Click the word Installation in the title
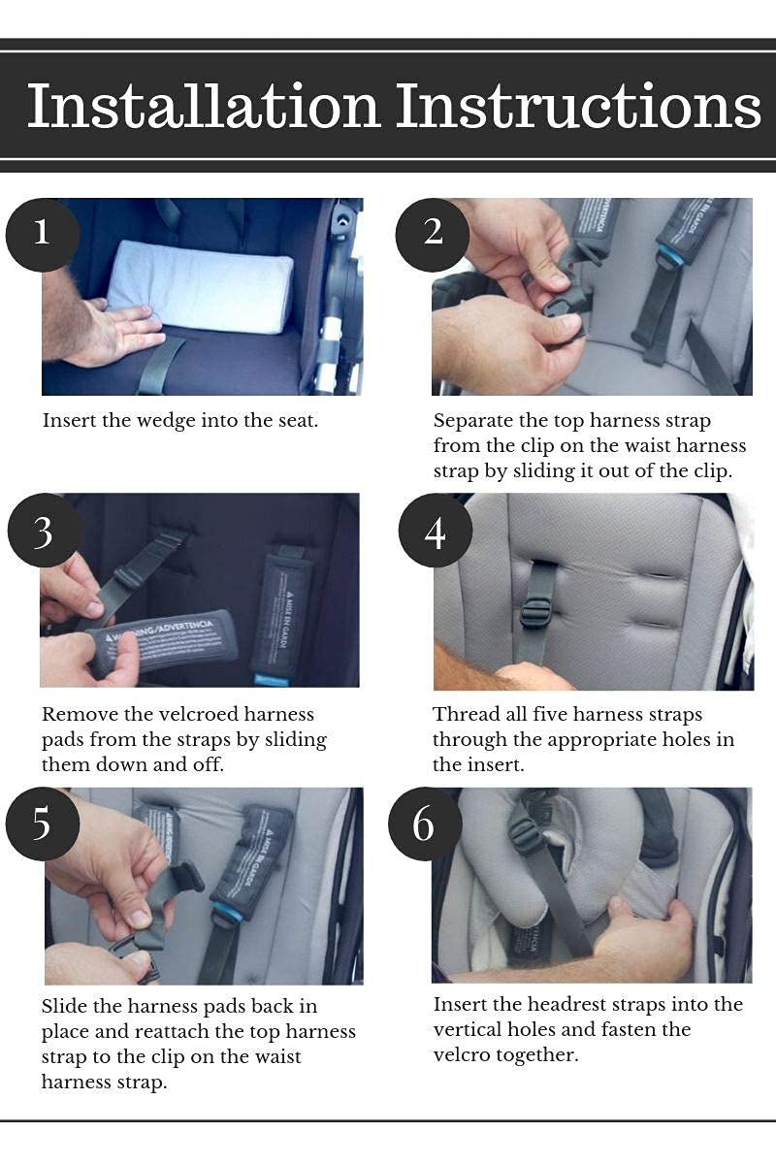[x=203, y=106]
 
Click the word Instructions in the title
[x=578, y=106]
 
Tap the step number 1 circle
[x=42, y=235]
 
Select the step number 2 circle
[x=433, y=235]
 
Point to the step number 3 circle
[x=44, y=530]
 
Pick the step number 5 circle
[x=42, y=824]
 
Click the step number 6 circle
[x=425, y=824]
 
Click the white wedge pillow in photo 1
[x=200, y=286]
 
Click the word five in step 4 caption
[x=550, y=715]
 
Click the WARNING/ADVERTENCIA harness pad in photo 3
[x=162, y=643]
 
